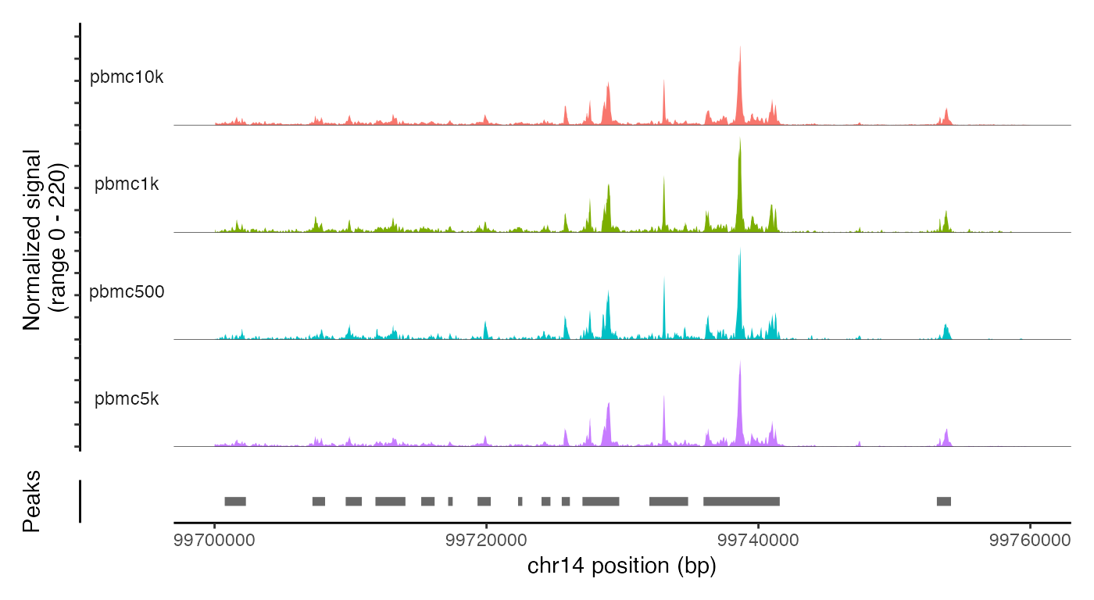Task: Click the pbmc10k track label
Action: [127, 78]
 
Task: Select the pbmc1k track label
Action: [127, 185]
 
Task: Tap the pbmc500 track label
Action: [127, 292]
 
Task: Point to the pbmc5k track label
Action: [127, 399]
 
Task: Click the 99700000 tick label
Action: [215, 541]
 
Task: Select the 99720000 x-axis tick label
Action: [487, 541]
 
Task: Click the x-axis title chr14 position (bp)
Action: [621, 566]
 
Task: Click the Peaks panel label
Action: [31, 501]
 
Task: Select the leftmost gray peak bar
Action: [235, 501]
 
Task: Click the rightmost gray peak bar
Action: [944, 501]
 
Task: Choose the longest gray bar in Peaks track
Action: [742, 501]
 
